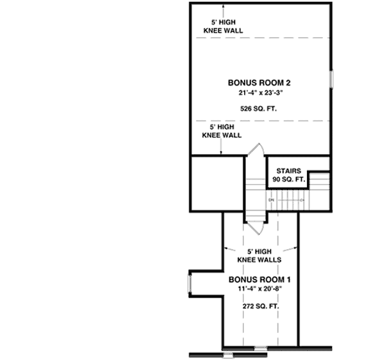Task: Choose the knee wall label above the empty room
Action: point(222,132)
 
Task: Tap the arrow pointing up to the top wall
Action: point(222,9)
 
